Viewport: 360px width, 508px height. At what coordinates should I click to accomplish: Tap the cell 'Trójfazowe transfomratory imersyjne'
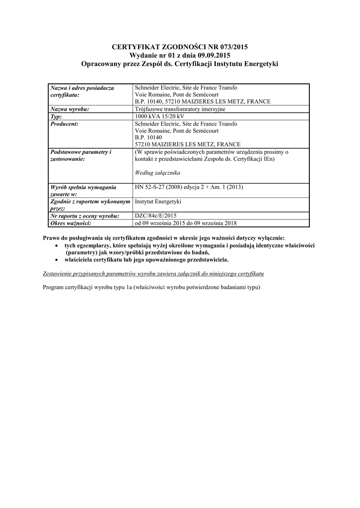point(180,109)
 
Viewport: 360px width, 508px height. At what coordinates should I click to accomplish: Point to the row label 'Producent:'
point(65,124)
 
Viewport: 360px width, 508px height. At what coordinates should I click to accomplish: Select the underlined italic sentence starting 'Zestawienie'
point(153,273)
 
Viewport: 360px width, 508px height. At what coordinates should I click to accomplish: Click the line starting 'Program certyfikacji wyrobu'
point(152,287)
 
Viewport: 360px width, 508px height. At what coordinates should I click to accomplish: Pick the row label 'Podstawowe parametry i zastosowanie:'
point(80,155)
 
